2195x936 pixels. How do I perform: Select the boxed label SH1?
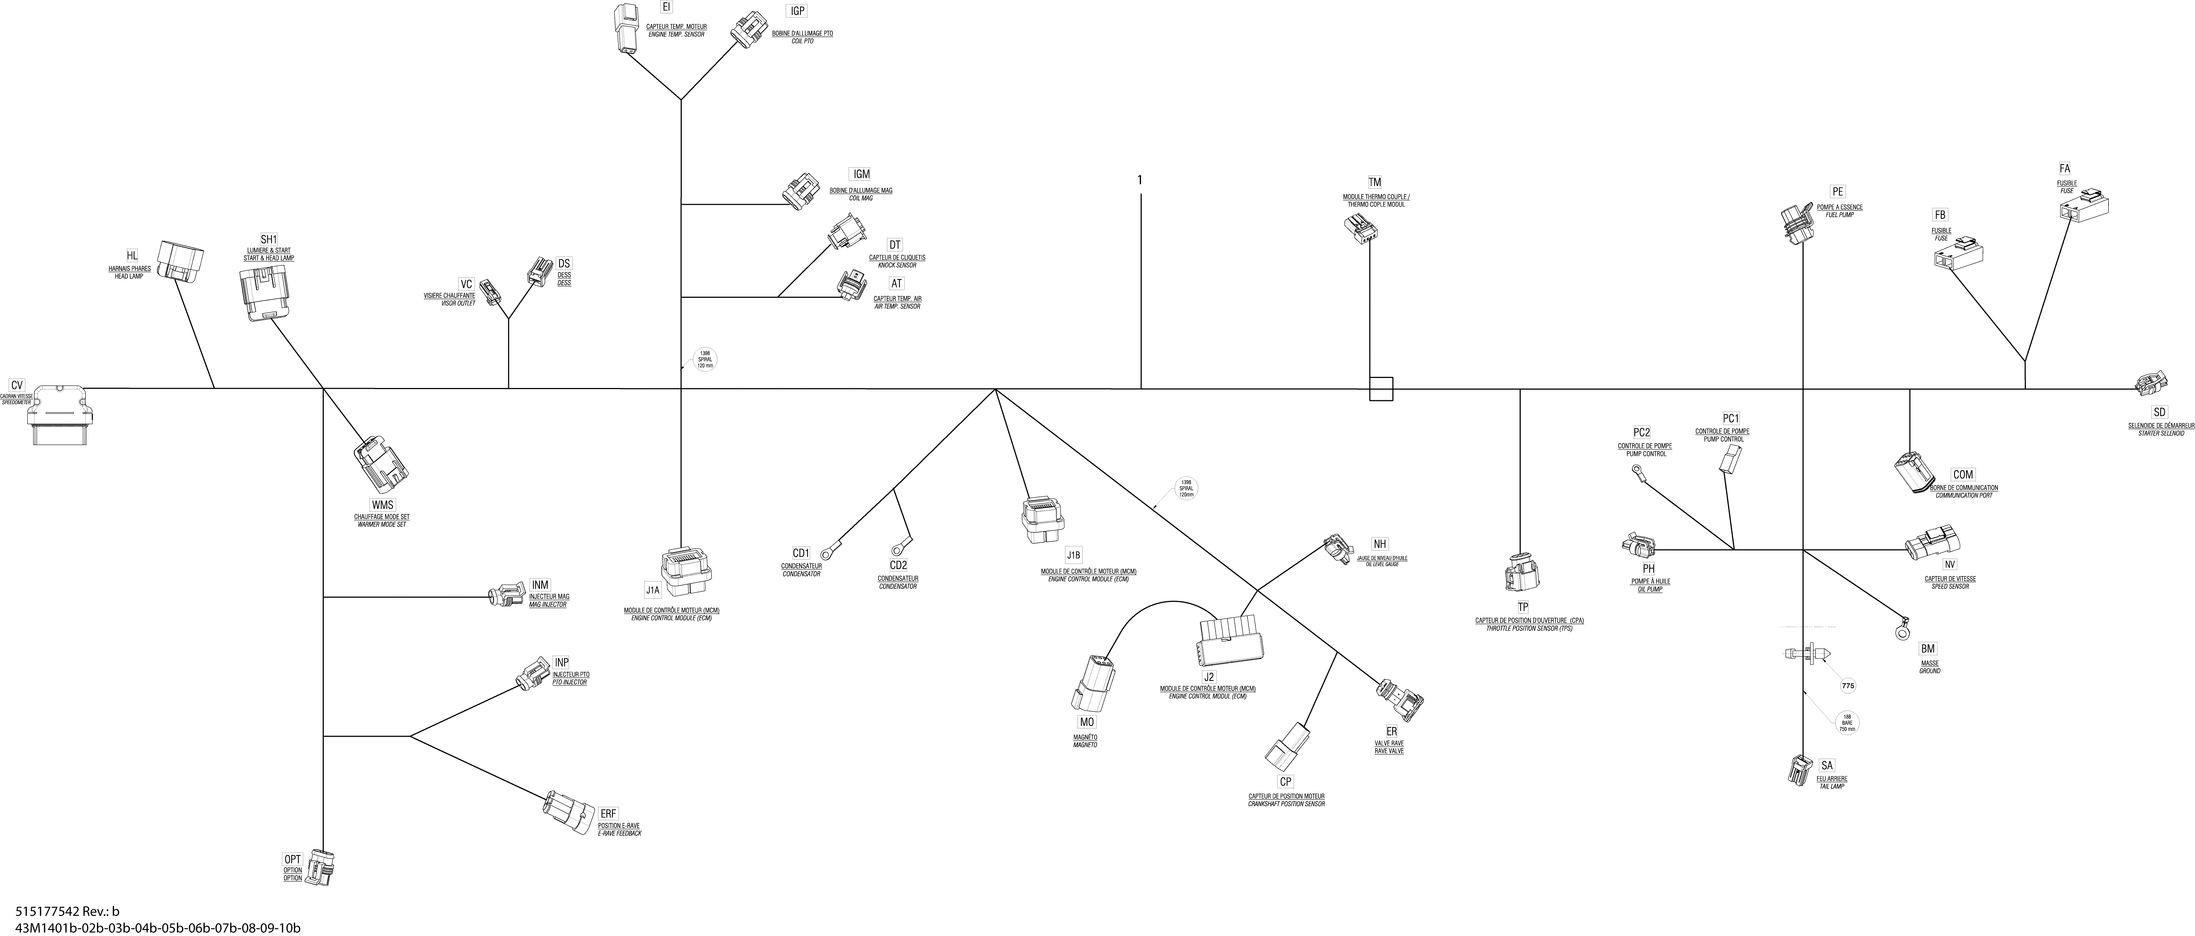pyautogui.click(x=269, y=240)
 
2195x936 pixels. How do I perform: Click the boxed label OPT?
pyautogui.click(x=292, y=859)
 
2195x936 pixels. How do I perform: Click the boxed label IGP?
pyautogui.click(x=797, y=11)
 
